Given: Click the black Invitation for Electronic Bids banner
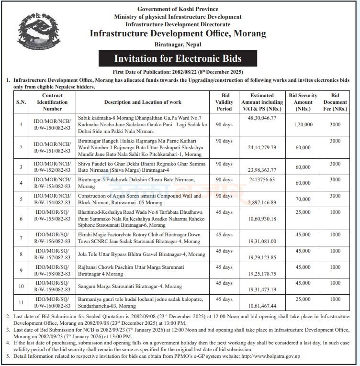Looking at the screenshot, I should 178,59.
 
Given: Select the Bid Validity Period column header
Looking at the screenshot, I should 224,102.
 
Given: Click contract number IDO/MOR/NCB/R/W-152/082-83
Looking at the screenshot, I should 52,167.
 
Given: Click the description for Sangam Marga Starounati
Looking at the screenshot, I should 130,286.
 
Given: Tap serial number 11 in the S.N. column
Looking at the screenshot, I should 21,302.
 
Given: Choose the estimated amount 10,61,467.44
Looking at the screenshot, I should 262,305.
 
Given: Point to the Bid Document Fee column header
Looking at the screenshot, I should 335,102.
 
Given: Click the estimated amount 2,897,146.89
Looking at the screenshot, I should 262,203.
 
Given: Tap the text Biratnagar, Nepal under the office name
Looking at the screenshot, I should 178,44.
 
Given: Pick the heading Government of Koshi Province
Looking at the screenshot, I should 178,9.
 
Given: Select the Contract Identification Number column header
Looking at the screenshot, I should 52,102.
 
